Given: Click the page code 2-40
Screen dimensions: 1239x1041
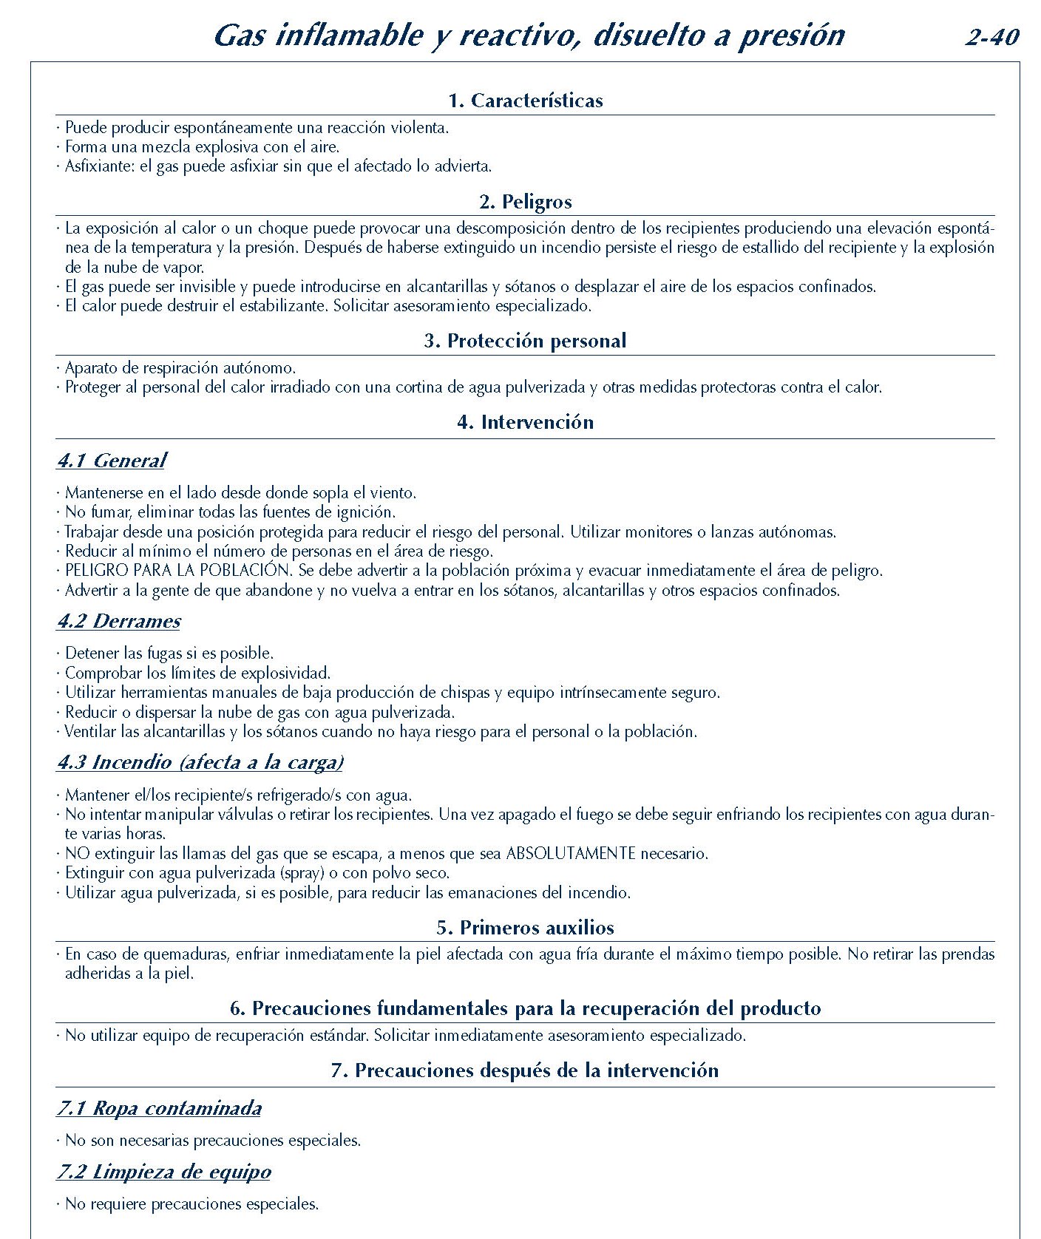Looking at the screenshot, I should click(991, 37).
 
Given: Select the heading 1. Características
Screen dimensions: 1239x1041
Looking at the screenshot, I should click(525, 101).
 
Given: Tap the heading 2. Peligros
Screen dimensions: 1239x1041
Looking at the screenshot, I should click(525, 202).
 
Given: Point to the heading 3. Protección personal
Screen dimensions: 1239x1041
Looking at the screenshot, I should click(525, 341).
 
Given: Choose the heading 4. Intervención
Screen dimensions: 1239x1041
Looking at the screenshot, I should click(525, 422).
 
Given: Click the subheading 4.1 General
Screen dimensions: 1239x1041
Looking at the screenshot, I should click(111, 461).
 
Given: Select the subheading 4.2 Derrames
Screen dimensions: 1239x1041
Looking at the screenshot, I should click(118, 621).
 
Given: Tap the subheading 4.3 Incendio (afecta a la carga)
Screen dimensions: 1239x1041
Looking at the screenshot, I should click(200, 762).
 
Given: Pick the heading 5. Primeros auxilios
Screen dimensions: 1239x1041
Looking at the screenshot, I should click(525, 928).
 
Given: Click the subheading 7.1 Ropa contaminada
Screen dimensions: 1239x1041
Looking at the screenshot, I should click(159, 1108).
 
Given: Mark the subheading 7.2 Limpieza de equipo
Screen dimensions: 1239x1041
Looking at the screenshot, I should click(163, 1172).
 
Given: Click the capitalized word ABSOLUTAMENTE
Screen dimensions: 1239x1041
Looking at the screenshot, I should click(570, 854).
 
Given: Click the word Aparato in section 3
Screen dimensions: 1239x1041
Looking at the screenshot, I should click(92, 368).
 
